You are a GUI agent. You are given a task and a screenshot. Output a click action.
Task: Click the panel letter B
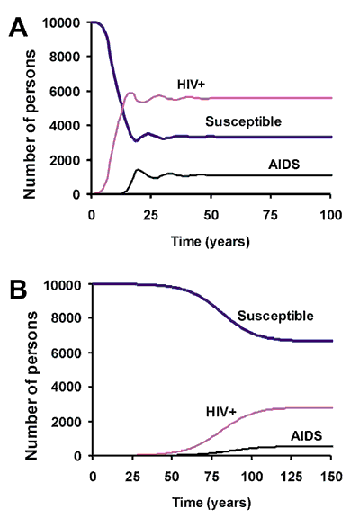pos(19,290)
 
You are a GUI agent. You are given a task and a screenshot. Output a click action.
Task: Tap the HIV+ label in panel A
pos(191,85)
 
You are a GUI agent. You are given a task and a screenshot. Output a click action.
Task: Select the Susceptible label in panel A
pos(243,122)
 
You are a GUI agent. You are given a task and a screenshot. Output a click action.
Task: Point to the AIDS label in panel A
pos(284,165)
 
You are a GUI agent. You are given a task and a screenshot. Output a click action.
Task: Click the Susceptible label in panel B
pos(275,317)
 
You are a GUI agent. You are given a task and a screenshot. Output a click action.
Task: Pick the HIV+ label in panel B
pos(221,412)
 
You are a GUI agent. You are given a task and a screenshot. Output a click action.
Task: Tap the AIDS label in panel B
pos(306,436)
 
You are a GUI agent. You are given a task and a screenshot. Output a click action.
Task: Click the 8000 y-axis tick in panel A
pos(65,57)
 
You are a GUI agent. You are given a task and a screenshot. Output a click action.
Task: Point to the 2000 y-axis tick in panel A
pos(65,161)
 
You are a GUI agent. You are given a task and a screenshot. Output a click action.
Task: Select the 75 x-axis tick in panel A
pos(270,215)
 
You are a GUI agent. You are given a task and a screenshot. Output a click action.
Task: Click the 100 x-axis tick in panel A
pos(330,215)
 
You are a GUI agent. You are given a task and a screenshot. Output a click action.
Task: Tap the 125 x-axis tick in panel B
pos(292,477)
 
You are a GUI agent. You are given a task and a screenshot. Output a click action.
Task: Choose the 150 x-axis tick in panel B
pos(331,477)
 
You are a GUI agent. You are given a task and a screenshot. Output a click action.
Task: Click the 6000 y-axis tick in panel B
pos(66,353)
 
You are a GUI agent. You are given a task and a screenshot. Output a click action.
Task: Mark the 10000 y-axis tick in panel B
pos(62,285)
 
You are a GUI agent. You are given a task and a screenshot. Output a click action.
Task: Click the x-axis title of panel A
pos(211,242)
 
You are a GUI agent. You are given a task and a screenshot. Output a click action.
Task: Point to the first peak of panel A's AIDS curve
pos(138,170)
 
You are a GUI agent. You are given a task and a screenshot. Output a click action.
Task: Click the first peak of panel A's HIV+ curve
pos(130,94)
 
